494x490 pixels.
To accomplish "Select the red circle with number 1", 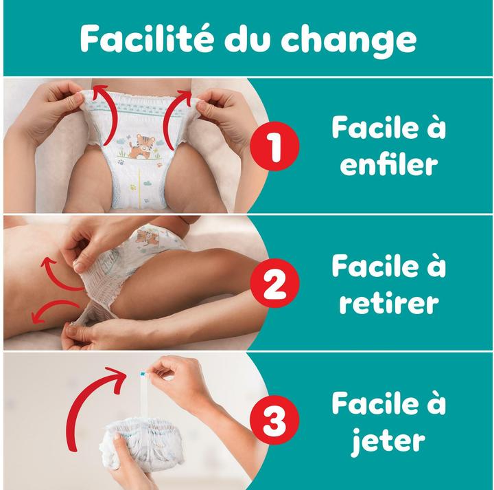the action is [x=274, y=146].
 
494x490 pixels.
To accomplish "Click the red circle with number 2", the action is [x=274, y=282].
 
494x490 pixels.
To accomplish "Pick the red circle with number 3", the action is [x=274, y=420].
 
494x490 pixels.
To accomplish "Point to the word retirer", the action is [x=389, y=303].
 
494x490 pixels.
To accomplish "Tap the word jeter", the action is [x=388, y=441].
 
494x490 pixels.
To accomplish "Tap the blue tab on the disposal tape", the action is [x=143, y=374].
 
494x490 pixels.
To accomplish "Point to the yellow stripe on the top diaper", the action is [x=139, y=188].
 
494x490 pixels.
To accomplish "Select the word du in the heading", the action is [x=248, y=38].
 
